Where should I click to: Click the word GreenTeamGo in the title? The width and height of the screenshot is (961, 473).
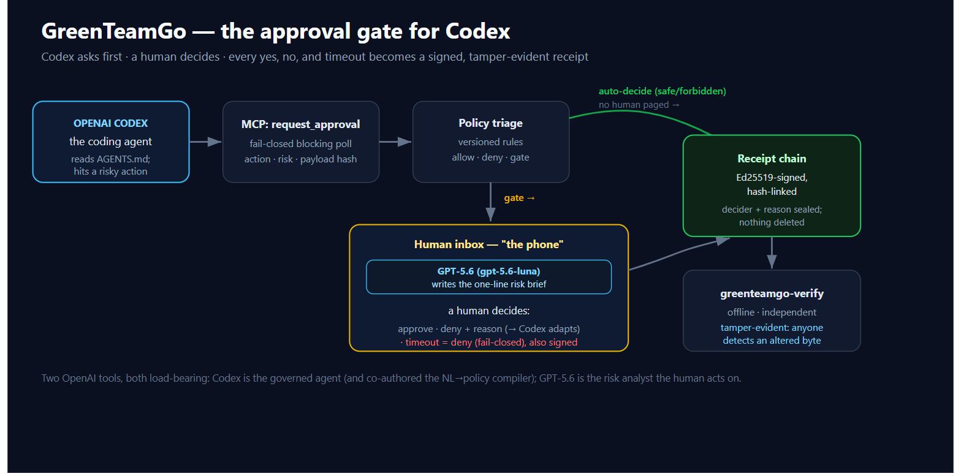click(114, 31)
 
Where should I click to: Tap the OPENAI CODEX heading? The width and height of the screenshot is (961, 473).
click(111, 124)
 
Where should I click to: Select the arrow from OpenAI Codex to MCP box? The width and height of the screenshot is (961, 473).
click(205, 142)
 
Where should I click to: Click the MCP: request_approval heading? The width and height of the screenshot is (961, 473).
click(301, 124)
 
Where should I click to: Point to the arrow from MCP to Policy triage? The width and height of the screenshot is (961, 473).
click(395, 142)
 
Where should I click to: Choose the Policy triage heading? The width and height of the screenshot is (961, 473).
click(491, 123)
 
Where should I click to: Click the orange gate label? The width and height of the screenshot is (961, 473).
click(520, 198)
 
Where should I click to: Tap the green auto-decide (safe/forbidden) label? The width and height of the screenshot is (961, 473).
click(663, 91)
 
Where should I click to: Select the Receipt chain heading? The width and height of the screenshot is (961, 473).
click(772, 159)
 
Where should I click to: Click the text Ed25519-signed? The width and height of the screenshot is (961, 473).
click(772, 178)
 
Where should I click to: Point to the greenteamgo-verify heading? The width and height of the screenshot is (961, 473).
click(772, 293)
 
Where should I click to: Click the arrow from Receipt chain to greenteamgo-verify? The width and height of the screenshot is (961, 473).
click(772, 252)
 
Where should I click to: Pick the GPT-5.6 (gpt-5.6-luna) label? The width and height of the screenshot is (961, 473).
click(488, 271)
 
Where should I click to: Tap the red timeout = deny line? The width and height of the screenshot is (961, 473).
click(488, 342)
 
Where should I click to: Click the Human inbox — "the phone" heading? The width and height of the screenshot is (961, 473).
click(488, 244)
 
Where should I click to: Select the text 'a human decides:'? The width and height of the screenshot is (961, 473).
click(488, 311)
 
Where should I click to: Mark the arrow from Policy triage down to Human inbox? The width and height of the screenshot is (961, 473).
click(491, 202)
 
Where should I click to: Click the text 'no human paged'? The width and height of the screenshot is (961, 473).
click(634, 105)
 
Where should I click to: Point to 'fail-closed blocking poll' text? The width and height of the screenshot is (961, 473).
click(301, 143)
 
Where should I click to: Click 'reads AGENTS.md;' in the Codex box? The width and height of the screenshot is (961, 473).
click(111, 159)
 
